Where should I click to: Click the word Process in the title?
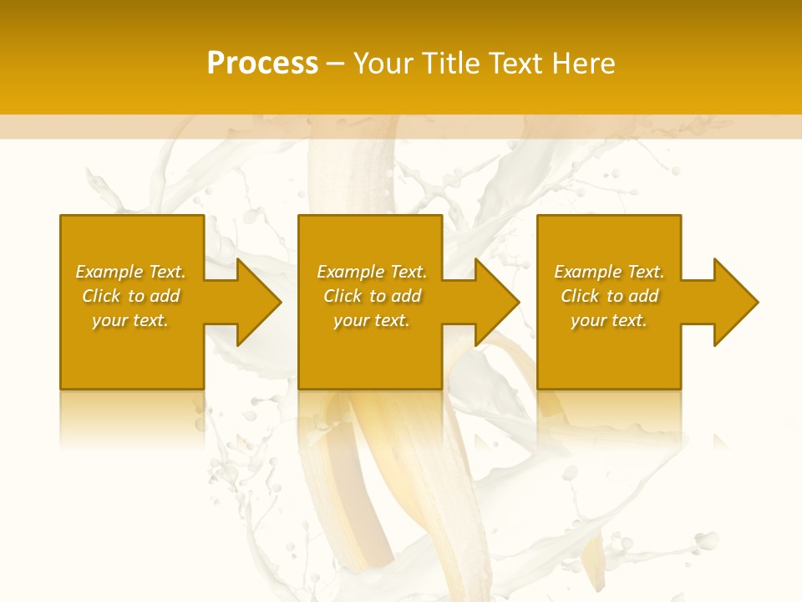[262, 64]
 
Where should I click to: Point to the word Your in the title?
[383, 64]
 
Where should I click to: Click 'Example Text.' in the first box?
[130, 272]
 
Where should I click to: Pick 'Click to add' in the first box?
[130, 296]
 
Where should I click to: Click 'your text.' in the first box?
[130, 320]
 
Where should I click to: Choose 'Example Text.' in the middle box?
[372, 272]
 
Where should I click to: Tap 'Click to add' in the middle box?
[372, 296]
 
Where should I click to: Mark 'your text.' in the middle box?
[372, 320]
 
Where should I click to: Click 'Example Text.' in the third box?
[609, 272]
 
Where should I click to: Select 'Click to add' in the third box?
[609, 296]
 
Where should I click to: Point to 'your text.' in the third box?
[609, 320]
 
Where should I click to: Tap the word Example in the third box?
[588, 272]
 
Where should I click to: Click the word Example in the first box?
[109, 272]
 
